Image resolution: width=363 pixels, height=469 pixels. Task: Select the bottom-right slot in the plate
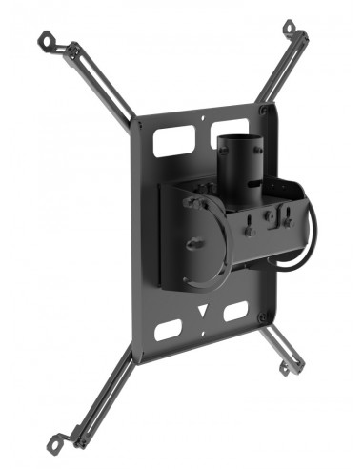tap(234, 314)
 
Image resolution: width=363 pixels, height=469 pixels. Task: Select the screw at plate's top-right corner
tap(265, 110)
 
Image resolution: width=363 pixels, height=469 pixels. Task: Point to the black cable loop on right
tap(307, 238)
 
